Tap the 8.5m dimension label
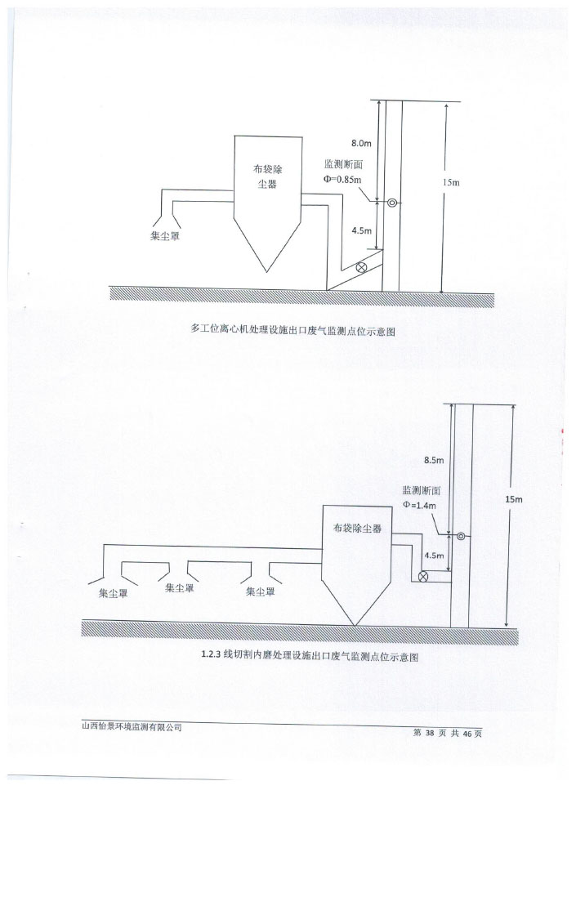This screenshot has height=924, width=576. [433, 461]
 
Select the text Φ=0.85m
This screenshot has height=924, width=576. [342, 180]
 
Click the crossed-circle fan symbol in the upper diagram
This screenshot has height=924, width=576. [362, 266]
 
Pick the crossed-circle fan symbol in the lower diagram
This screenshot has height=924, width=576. [423, 577]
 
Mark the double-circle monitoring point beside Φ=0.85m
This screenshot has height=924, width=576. [392, 203]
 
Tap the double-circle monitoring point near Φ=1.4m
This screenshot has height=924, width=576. [462, 537]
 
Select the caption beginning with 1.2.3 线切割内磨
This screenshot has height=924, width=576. [309, 655]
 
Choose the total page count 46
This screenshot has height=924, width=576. [467, 733]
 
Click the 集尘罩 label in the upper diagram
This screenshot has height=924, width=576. [165, 235]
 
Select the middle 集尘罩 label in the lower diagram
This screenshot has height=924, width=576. [180, 587]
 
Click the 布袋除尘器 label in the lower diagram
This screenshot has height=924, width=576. [357, 529]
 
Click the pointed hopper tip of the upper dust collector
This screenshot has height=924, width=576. [266, 270]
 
